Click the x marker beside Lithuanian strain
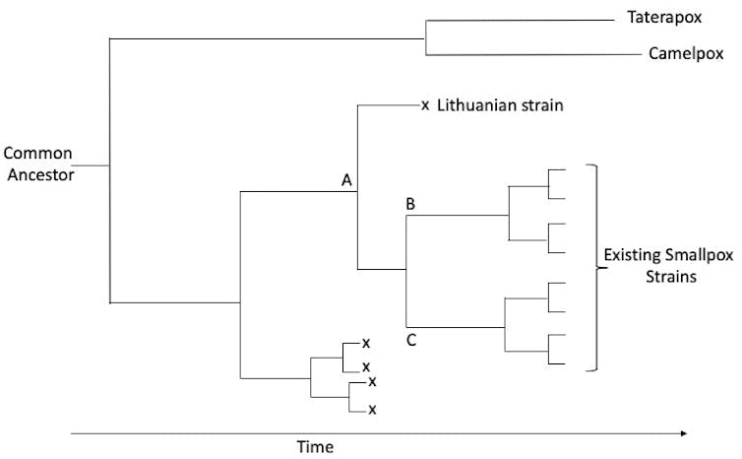(x=425, y=105)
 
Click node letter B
(x=411, y=205)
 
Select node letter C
(x=412, y=342)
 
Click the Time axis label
(x=315, y=446)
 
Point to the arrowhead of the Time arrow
(x=683, y=431)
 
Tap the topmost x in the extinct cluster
(x=365, y=343)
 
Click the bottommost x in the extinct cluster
(x=372, y=410)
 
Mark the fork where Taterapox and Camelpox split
(x=424, y=38)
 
